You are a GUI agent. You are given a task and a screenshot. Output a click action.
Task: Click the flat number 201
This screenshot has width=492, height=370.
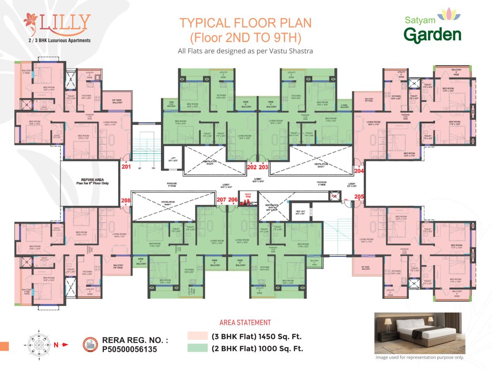[x=126, y=167]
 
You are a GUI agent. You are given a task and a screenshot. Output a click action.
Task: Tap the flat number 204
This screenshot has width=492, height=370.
[x=359, y=171]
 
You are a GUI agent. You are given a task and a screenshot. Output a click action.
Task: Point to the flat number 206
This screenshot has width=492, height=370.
[x=233, y=199]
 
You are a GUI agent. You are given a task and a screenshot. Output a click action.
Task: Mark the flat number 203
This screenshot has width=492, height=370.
[x=264, y=167]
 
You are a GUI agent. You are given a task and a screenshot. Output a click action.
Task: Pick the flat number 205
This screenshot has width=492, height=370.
[x=359, y=196]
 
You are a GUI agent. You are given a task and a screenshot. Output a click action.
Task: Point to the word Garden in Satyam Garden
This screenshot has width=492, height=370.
[x=432, y=35]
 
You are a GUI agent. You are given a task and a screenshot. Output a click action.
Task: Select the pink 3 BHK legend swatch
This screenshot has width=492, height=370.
[x=197, y=336]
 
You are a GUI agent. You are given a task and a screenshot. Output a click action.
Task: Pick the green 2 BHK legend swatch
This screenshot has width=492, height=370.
[x=197, y=348]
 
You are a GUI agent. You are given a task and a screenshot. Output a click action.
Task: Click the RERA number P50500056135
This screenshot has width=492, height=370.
[x=130, y=350]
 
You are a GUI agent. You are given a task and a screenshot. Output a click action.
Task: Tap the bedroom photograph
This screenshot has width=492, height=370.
[x=419, y=333]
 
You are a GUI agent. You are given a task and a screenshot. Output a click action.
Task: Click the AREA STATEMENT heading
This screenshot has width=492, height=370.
[x=245, y=323]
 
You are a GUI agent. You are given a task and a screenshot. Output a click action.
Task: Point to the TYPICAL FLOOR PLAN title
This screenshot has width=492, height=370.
[x=245, y=23]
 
